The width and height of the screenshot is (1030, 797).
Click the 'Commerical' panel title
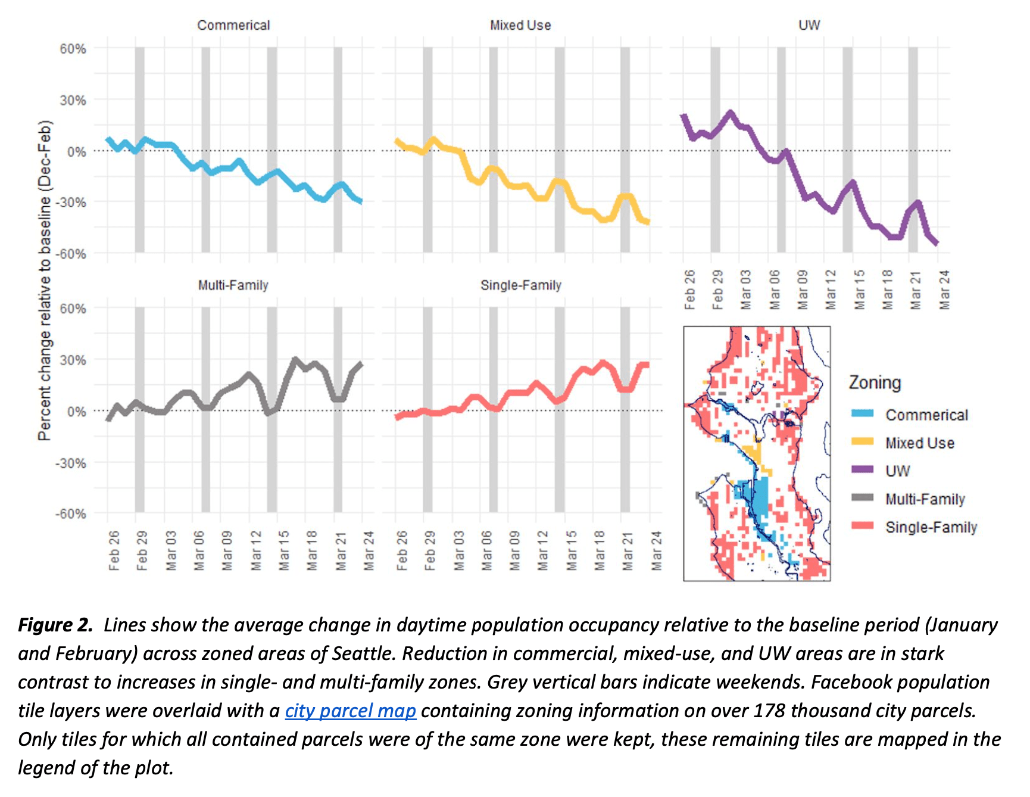click(x=233, y=25)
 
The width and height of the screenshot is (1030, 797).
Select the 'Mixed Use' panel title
click(x=520, y=25)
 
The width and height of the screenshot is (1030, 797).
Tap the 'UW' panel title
click(x=809, y=25)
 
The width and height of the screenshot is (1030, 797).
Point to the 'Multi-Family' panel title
click(x=233, y=285)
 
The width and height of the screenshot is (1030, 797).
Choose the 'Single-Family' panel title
click(x=521, y=285)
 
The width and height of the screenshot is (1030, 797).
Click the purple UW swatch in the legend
click(x=862, y=470)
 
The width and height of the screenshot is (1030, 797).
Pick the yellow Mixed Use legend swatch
click(x=862, y=442)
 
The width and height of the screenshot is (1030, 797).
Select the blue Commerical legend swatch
click(x=862, y=414)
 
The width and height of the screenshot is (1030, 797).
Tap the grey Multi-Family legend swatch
click(x=862, y=498)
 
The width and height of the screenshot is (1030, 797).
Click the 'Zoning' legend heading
click(x=875, y=382)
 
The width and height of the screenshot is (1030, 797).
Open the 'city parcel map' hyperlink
click(x=350, y=711)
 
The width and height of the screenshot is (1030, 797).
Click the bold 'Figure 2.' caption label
click(x=55, y=625)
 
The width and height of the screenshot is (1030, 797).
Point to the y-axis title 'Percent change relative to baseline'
click(x=45, y=280)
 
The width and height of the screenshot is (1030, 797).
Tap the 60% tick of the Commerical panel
click(x=73, y=49)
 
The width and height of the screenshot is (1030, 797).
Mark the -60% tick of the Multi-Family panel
click(x=71, y=513)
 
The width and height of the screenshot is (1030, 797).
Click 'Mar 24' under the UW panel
click(x=944, y=290)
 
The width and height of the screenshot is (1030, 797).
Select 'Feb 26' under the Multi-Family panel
click(x=114, y=550)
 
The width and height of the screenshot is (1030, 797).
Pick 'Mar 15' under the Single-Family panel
click(x=571, y=550)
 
